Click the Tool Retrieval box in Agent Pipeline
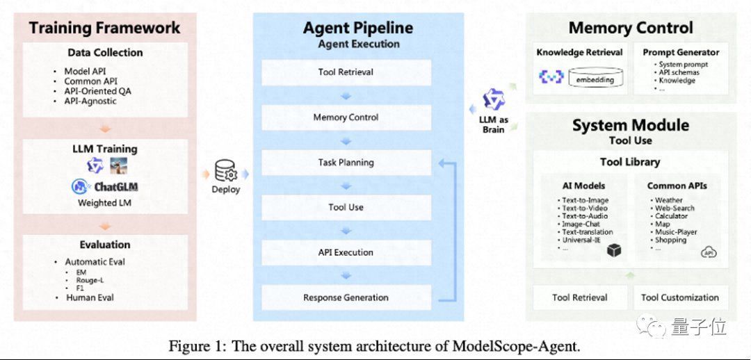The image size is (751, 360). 346,72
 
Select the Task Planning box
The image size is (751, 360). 346,163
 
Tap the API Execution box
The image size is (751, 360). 346,252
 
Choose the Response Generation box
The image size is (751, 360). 346,297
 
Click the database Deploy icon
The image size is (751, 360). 225,171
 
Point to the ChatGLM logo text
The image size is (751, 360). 116,187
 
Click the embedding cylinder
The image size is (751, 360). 595,78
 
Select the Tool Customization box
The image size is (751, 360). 680,297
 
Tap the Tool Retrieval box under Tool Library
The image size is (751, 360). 579,297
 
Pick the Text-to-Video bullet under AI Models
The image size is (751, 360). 585,208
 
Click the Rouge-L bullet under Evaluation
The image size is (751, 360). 90,280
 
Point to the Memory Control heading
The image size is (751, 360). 631,28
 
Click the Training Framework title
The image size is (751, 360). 104,28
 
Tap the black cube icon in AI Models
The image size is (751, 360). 613,251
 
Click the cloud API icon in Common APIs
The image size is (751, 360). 709,252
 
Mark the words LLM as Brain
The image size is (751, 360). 493,124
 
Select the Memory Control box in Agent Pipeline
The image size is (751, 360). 346,117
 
